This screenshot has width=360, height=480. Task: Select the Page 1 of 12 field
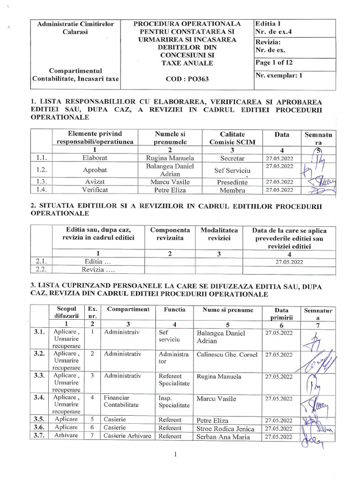click(274, 63)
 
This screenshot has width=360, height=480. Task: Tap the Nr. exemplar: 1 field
click(278, 75)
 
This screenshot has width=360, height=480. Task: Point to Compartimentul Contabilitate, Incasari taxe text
click(75, 75)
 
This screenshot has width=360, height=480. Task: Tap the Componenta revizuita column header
click(170, 234)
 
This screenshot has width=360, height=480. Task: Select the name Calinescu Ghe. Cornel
click(227, 354)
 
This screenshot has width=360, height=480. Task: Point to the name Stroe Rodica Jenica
click(225, 428)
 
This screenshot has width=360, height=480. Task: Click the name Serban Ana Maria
click(223, 437)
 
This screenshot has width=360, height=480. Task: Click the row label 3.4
click(39, 397)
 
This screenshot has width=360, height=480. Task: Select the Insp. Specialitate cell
click(174, 402)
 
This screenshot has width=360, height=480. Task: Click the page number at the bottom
click(174, 454)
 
